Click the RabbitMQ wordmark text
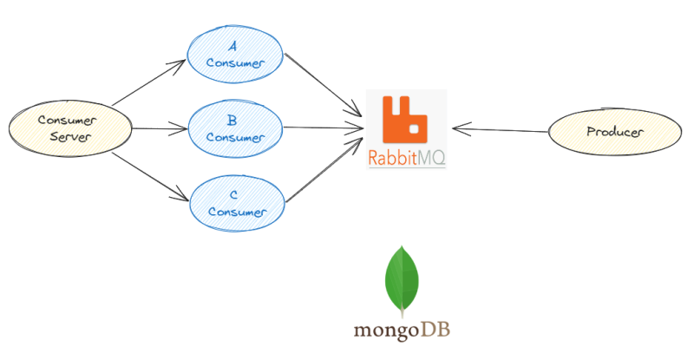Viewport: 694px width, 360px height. [407, 159]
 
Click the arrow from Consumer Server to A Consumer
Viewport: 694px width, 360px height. [149, 84]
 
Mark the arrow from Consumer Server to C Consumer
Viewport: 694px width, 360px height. [149, 178]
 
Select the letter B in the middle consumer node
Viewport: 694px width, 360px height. [232, 121]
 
